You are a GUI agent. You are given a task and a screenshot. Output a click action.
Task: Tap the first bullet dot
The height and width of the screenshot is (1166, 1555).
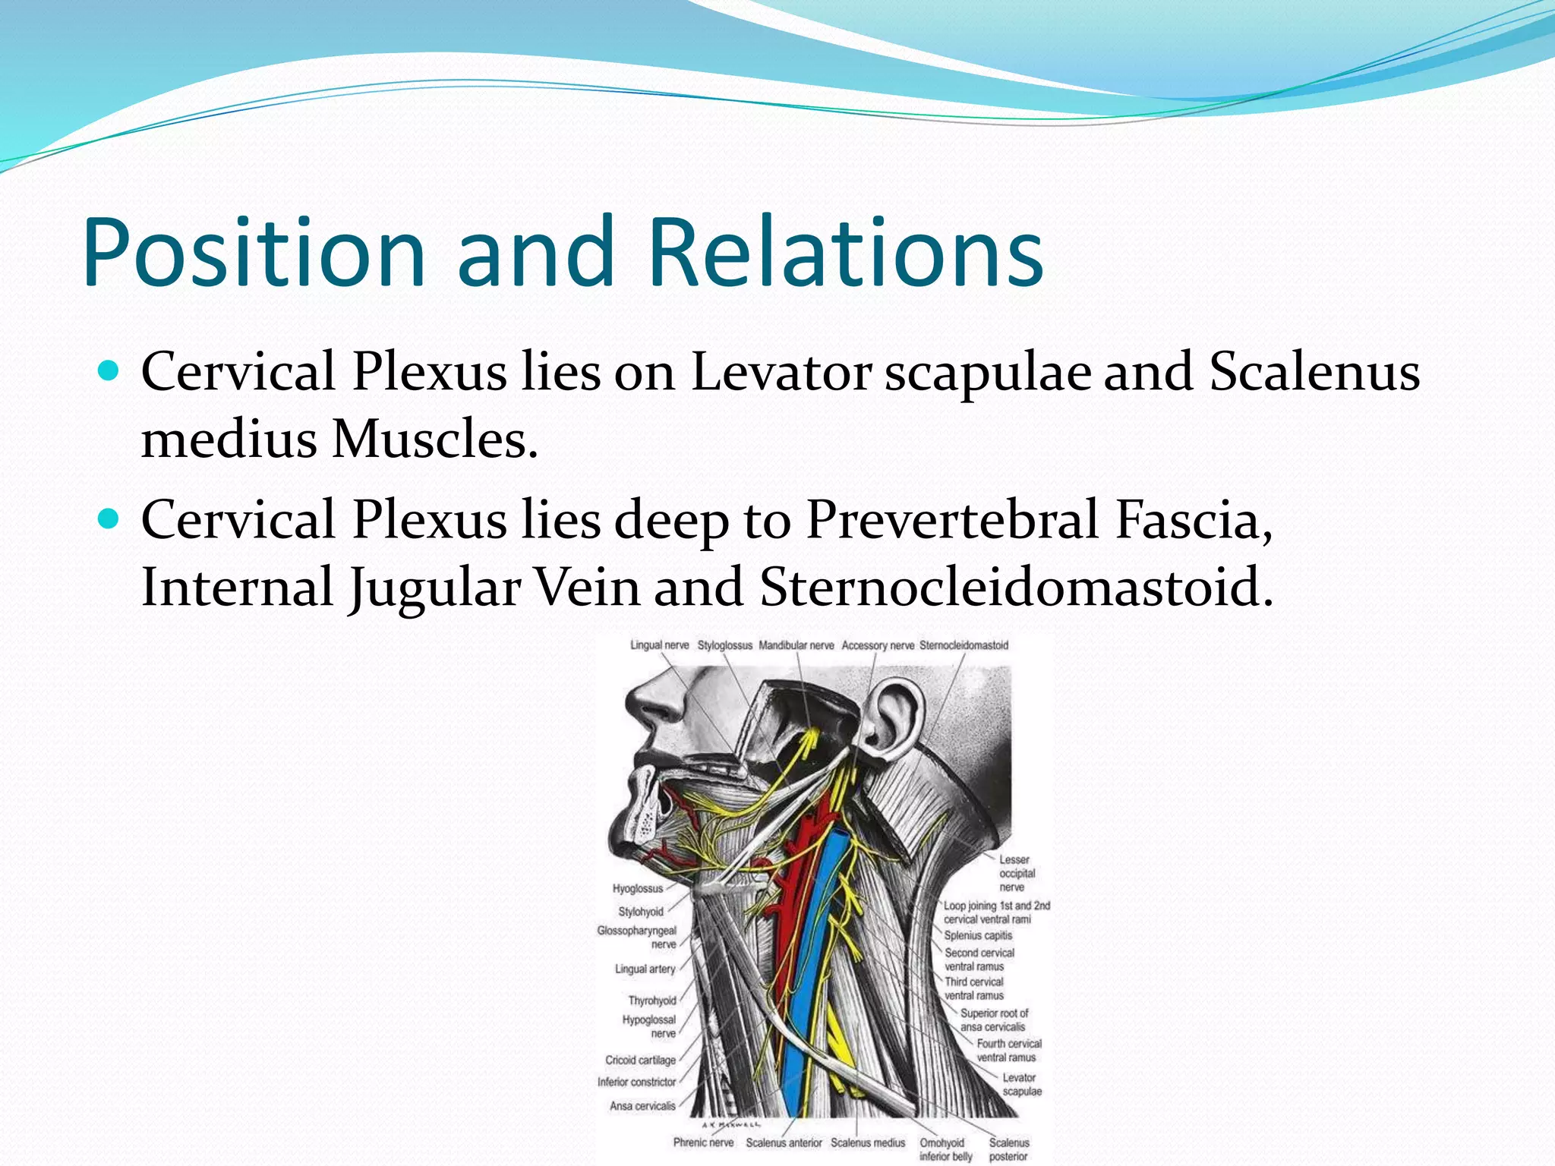tap(110, 371)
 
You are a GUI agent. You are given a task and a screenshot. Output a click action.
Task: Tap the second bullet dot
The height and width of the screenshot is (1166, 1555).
tap(110, 519)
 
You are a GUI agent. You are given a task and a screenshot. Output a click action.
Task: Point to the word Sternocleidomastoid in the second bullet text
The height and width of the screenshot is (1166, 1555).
tap(1016, 587)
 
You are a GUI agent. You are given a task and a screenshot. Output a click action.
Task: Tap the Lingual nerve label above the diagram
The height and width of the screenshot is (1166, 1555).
tap(659, 645)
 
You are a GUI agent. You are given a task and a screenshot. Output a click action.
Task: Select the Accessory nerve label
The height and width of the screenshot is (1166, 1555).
tap(878, 645)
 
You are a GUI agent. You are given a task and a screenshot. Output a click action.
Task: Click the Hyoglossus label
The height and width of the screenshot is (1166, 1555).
tap(638, 888)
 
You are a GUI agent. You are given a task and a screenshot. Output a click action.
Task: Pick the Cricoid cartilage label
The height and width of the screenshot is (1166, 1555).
tap(640, 1060)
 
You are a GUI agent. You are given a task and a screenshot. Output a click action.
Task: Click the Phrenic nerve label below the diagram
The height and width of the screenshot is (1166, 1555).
tap(703, 1142)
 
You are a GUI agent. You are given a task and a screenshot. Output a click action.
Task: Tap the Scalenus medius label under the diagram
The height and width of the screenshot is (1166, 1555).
tap(868, 1142)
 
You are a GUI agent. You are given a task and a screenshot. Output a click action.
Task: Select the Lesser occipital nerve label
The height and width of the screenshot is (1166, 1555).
tap(1016, 873)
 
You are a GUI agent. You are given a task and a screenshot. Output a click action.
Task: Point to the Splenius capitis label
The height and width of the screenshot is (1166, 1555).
tap(978, 935)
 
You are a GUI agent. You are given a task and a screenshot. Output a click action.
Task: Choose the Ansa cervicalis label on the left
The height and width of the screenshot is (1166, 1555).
tap(642, 1106)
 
